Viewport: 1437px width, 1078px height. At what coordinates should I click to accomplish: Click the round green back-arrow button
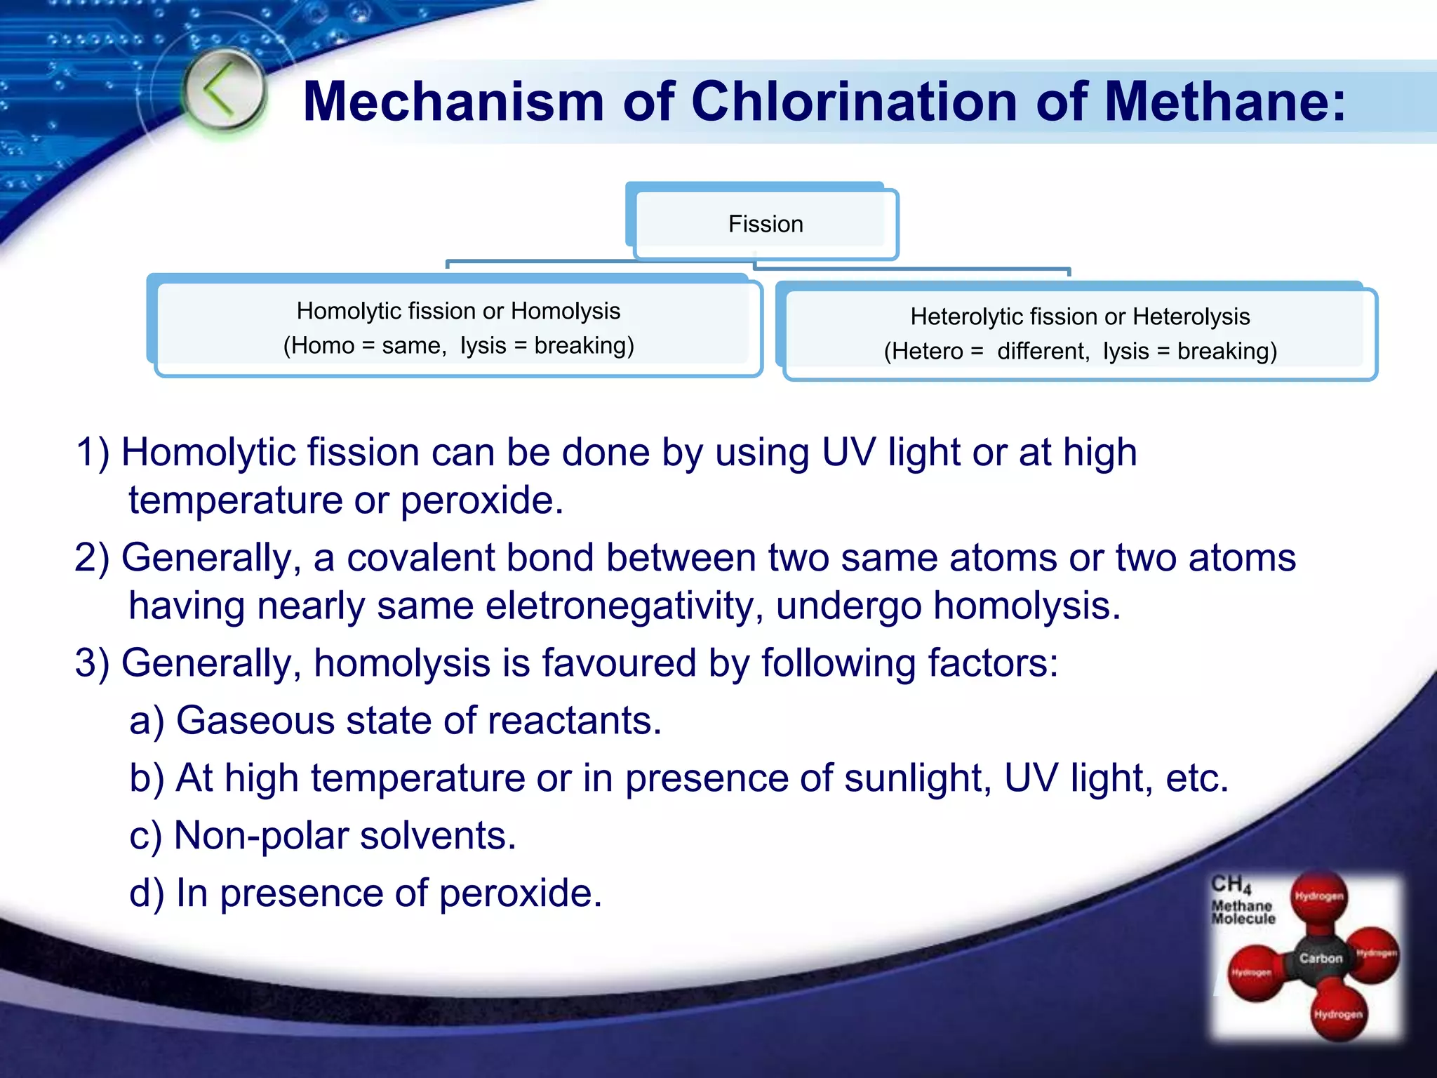(223, 92)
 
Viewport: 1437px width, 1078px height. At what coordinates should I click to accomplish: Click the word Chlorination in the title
(854, 102)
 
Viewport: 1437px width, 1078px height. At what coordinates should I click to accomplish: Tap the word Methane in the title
(1224, 102)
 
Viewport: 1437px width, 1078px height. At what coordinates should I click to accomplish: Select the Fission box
(765, 224)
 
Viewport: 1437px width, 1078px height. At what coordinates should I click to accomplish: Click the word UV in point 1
(848, 452)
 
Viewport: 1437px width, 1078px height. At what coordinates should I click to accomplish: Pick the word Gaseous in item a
(255, 721)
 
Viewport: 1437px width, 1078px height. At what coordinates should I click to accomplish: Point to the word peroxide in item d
(521, 893)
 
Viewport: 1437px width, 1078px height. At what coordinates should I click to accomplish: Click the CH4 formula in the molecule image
(1231, 884)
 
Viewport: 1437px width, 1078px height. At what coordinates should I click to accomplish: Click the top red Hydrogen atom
(1319, 896)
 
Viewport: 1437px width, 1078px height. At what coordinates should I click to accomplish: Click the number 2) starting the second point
(92, 558)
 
